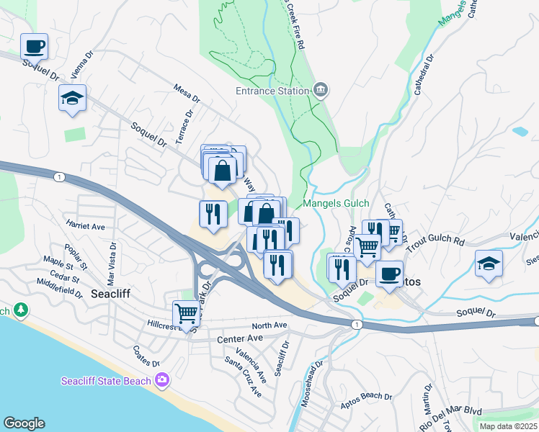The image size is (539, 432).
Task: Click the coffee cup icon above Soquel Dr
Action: coord(35,48)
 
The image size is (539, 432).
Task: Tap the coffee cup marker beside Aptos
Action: coord(389,274)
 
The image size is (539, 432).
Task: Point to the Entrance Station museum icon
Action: coord(321,91)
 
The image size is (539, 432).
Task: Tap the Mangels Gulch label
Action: coord(336,204)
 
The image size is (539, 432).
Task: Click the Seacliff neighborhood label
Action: coord(110,293)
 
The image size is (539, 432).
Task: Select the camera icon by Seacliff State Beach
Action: coord(163,380)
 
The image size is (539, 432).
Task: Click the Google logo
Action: coord(24,423)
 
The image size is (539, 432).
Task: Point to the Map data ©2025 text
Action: coord(508,426)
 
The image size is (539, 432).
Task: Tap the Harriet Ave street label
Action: coord(86,226)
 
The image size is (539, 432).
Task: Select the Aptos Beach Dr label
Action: coord(367,397)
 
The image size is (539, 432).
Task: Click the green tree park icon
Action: coord(21,310)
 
